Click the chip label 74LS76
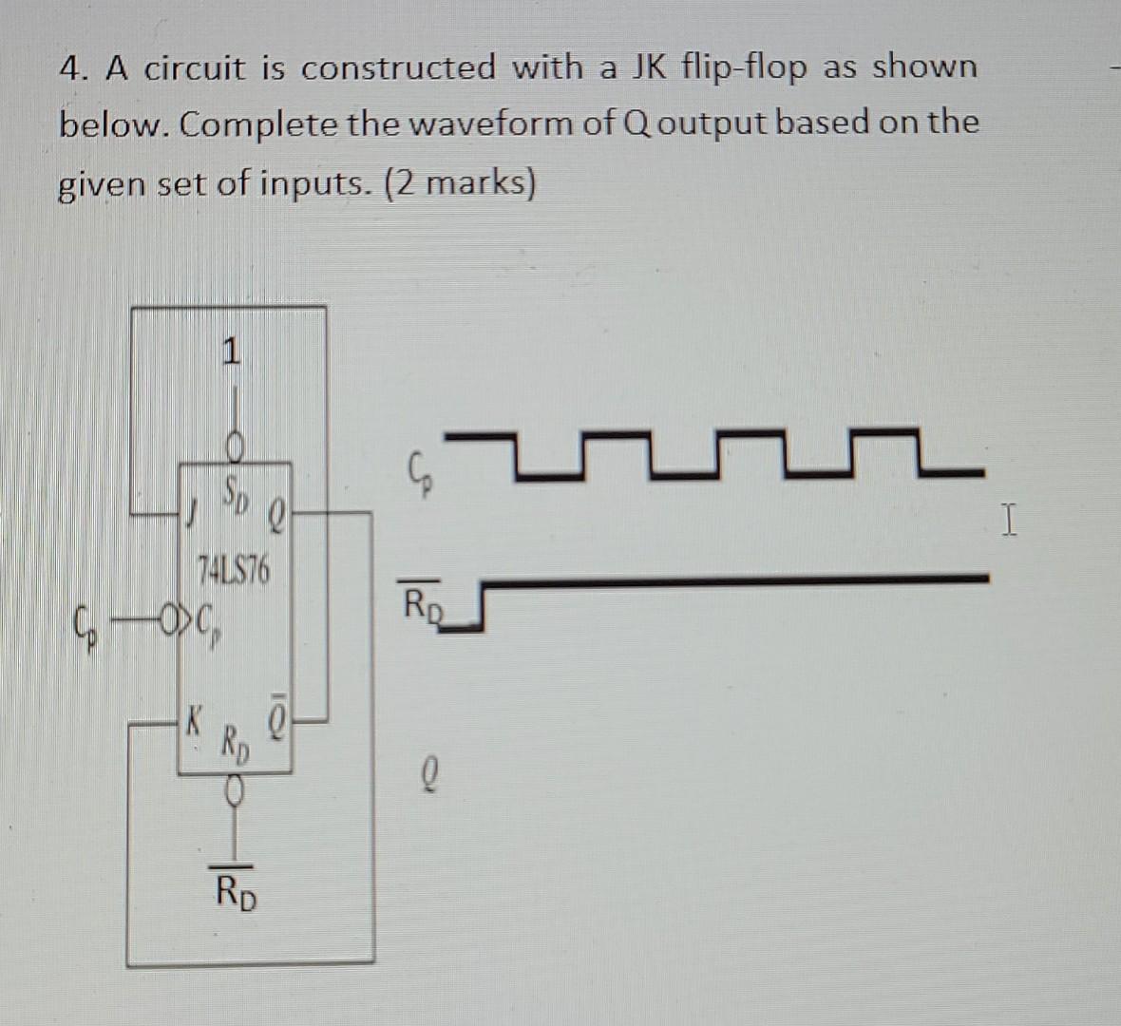[x=233, y=571]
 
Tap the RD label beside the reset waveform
[x=423, y=602]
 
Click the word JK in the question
[x=650, y=67]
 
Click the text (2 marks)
[x=460, y=181]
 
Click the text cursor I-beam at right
[x=1010, y=522]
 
